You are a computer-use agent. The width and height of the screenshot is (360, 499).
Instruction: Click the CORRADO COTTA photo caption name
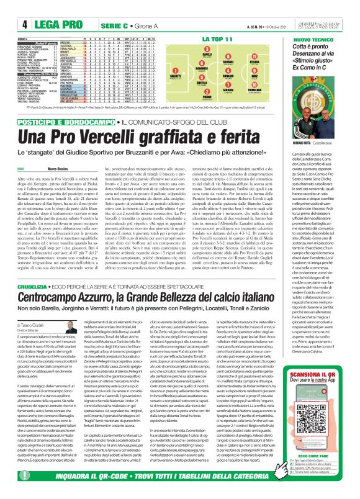pyautogui.click(x=304, y=142)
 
